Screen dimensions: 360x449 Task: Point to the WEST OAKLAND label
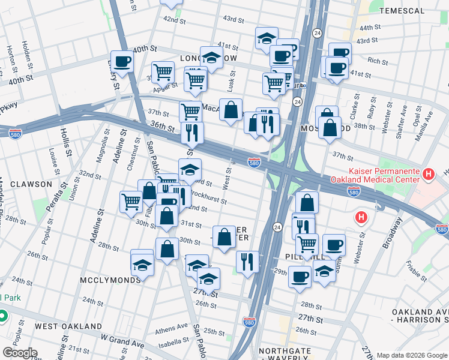tap(68, 326)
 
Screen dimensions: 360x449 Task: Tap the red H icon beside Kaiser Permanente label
tap(428, 175)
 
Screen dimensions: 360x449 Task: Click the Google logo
tap(20, 353)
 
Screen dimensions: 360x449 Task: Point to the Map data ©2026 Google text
tap(411, 355)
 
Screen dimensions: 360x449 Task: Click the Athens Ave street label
tap(172, 328)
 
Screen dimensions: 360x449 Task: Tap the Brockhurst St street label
tap(208, 197)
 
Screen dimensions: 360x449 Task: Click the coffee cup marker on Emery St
tap(122, 61)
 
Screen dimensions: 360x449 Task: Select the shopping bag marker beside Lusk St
tap(231, 110)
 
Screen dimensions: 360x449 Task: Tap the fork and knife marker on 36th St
tap(192, 133)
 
